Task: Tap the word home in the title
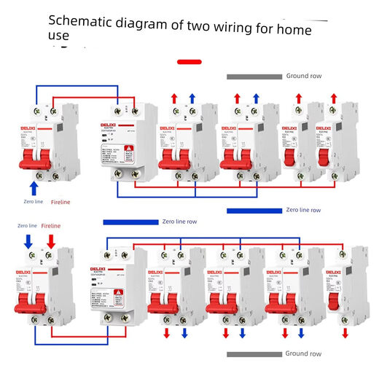(x=290, y=30)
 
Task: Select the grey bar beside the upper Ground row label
(x=253, y=76)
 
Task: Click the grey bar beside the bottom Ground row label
(x=253, y=354)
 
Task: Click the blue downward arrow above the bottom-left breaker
(x=30, y=241)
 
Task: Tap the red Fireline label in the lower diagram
(x=51, y=226)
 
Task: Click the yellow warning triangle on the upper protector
(x=128, y=149)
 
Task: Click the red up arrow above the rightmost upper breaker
(x=333, y=98)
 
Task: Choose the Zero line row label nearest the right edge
(x=302, y=210)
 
